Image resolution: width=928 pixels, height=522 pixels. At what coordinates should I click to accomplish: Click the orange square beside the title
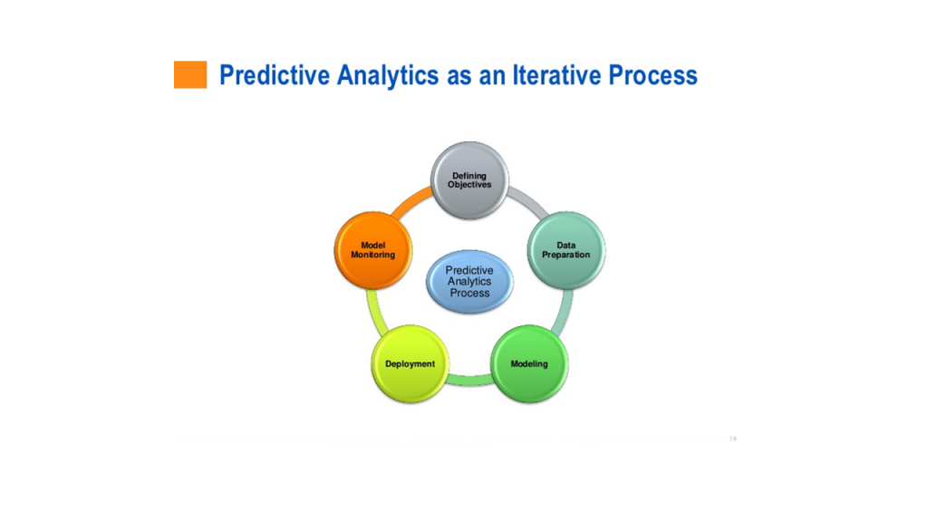tap(190, 74)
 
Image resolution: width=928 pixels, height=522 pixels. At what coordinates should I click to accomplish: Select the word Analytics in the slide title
tap(388, 76)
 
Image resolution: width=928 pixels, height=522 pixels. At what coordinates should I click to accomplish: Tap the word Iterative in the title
tap(557, 75)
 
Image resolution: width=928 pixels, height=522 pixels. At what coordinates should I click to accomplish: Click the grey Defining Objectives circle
tap(469, 180)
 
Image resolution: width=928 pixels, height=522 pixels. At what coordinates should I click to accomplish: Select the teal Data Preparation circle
tap(565, 250)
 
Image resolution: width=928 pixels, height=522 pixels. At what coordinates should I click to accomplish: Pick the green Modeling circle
tap(529, 363)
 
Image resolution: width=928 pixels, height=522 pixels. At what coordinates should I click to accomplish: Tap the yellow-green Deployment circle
tap(410, 363)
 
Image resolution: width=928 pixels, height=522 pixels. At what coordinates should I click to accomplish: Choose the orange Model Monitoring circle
tap(372, 250)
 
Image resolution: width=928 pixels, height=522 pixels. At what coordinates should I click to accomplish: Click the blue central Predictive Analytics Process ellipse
tap(469, 282)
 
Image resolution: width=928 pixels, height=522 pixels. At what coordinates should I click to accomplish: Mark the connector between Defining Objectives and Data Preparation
tap(529, 201)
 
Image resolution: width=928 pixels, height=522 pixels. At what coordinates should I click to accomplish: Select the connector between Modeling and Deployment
tap(469, 381)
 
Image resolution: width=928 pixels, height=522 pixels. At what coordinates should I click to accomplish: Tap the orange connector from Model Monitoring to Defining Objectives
tap(410, 201)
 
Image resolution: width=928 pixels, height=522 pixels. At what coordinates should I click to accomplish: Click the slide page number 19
tap(732, 439)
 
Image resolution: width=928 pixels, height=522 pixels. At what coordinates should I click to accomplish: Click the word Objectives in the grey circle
tap(469, 185)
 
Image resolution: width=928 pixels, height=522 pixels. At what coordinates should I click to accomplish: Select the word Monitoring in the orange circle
tap(372, 255)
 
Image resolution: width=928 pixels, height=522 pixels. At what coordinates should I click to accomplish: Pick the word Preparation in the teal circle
tap(565, 255)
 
